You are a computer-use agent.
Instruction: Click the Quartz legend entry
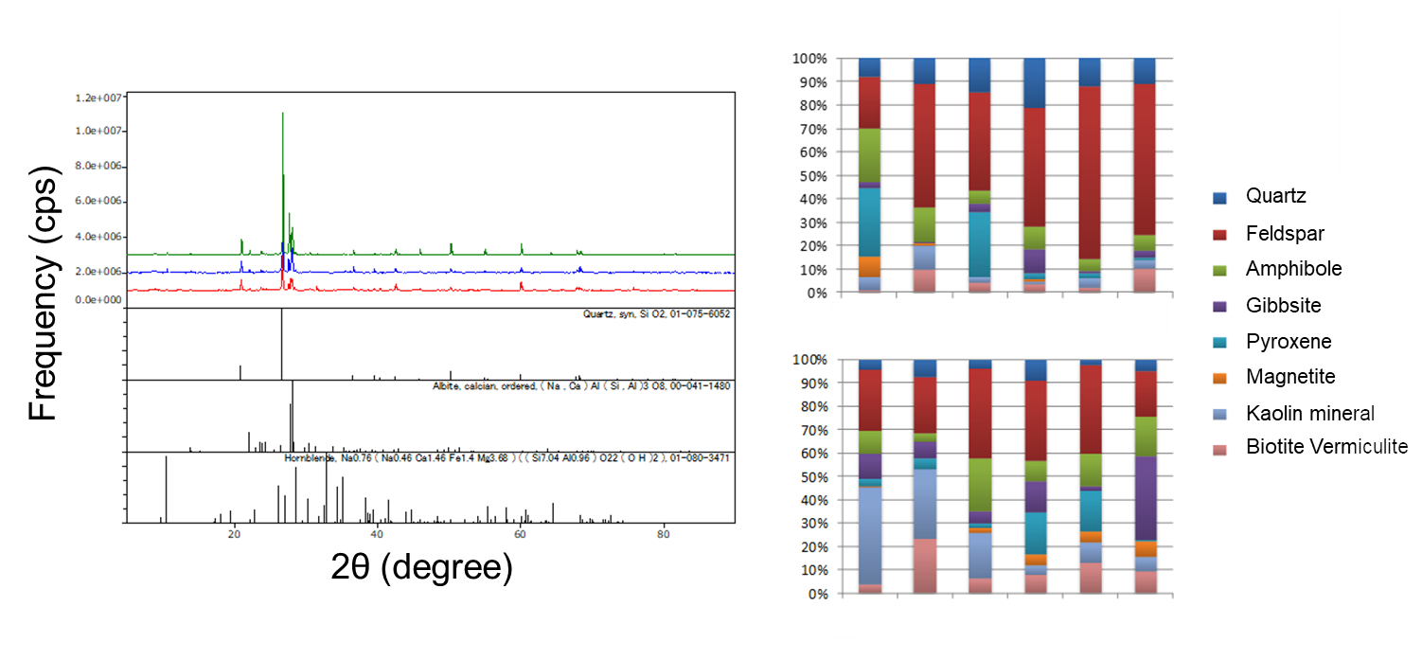click(x=1276, y=197)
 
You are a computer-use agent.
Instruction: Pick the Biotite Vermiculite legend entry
click(x=1325, y=447)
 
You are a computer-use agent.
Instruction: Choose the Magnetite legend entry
click(x=1290, y=377)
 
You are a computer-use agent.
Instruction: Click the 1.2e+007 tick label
click(x=99, y=98)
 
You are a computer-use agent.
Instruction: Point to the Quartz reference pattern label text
click(x=656, y=313)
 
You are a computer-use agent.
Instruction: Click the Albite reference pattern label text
click(x=580, y=386)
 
